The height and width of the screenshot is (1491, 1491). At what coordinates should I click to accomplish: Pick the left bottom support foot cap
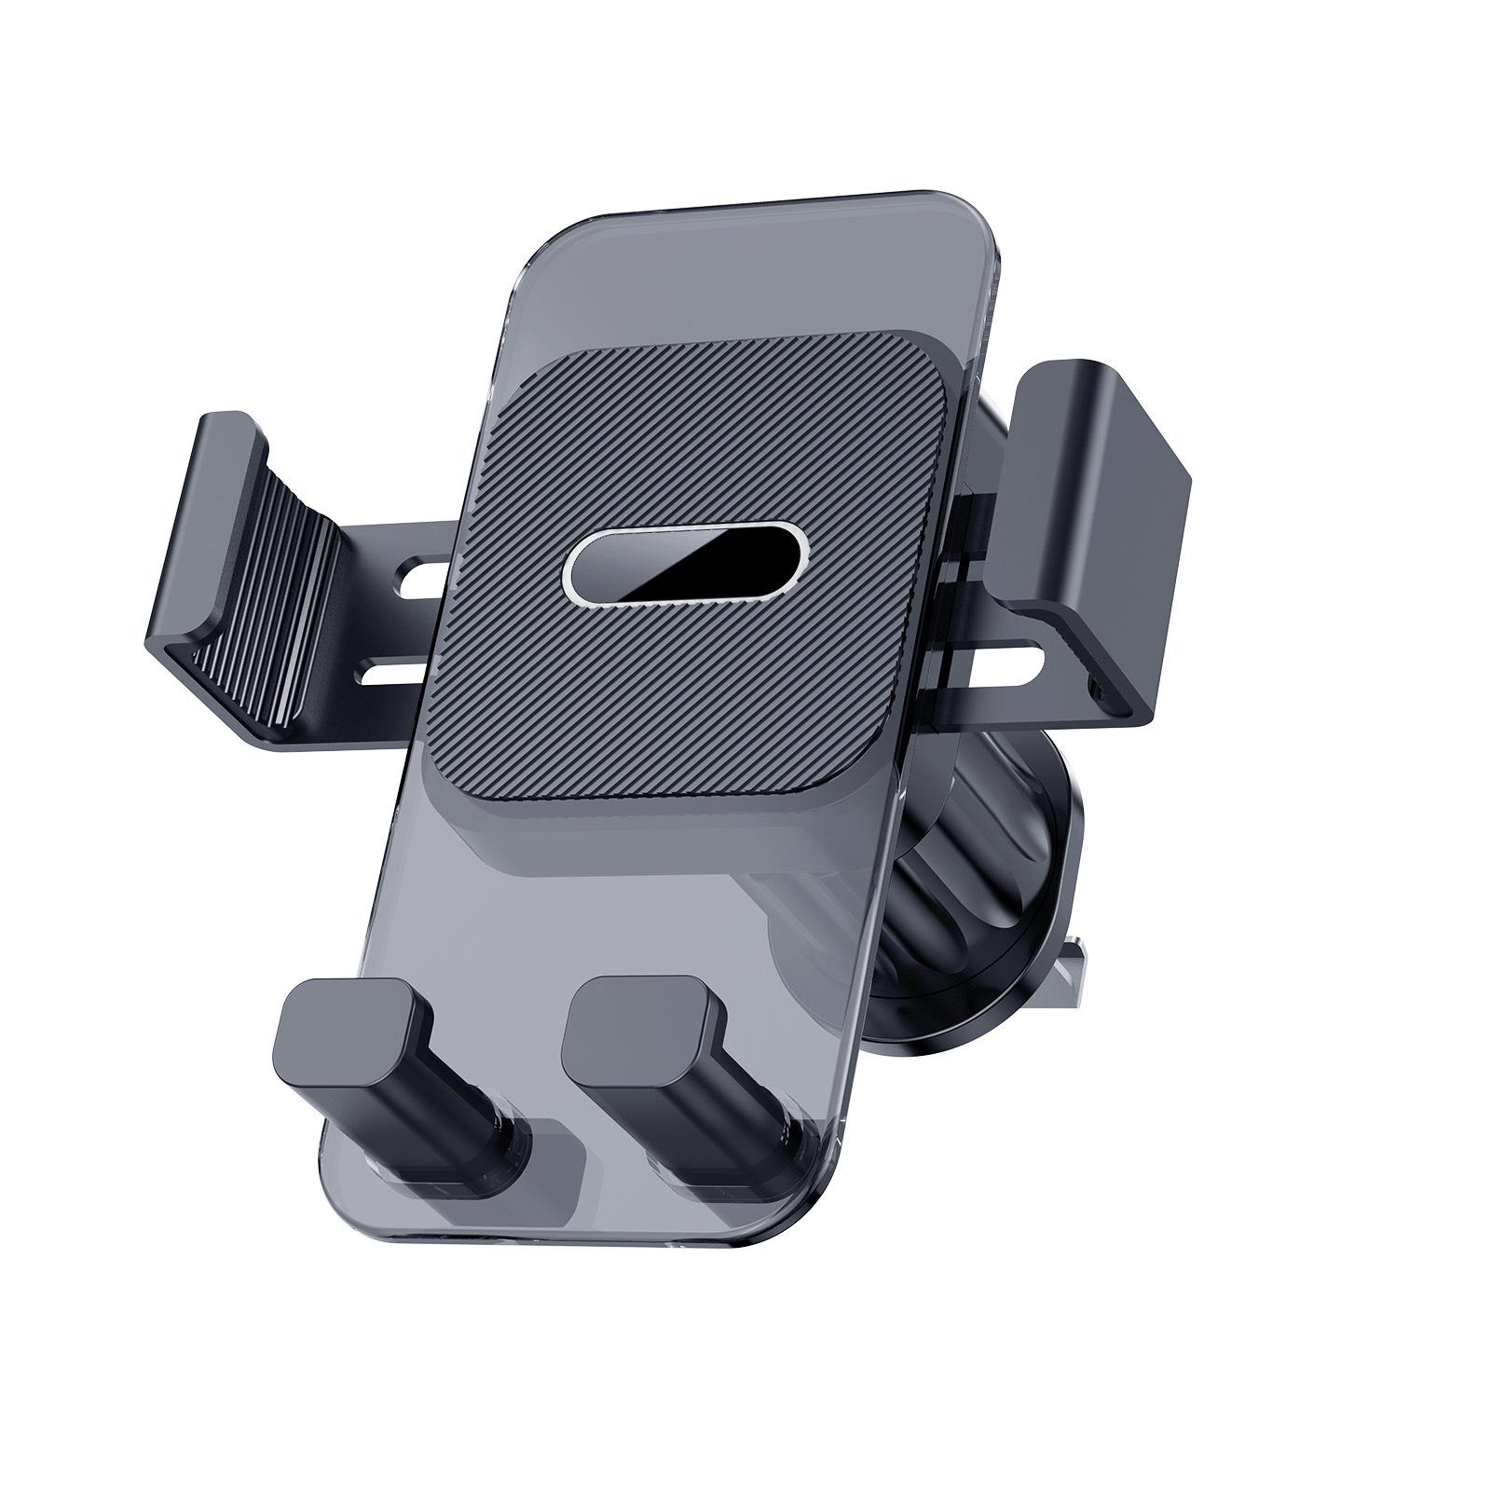tap(353, 1034)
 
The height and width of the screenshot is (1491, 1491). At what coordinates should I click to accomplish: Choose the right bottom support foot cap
tap(643, 1034)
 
